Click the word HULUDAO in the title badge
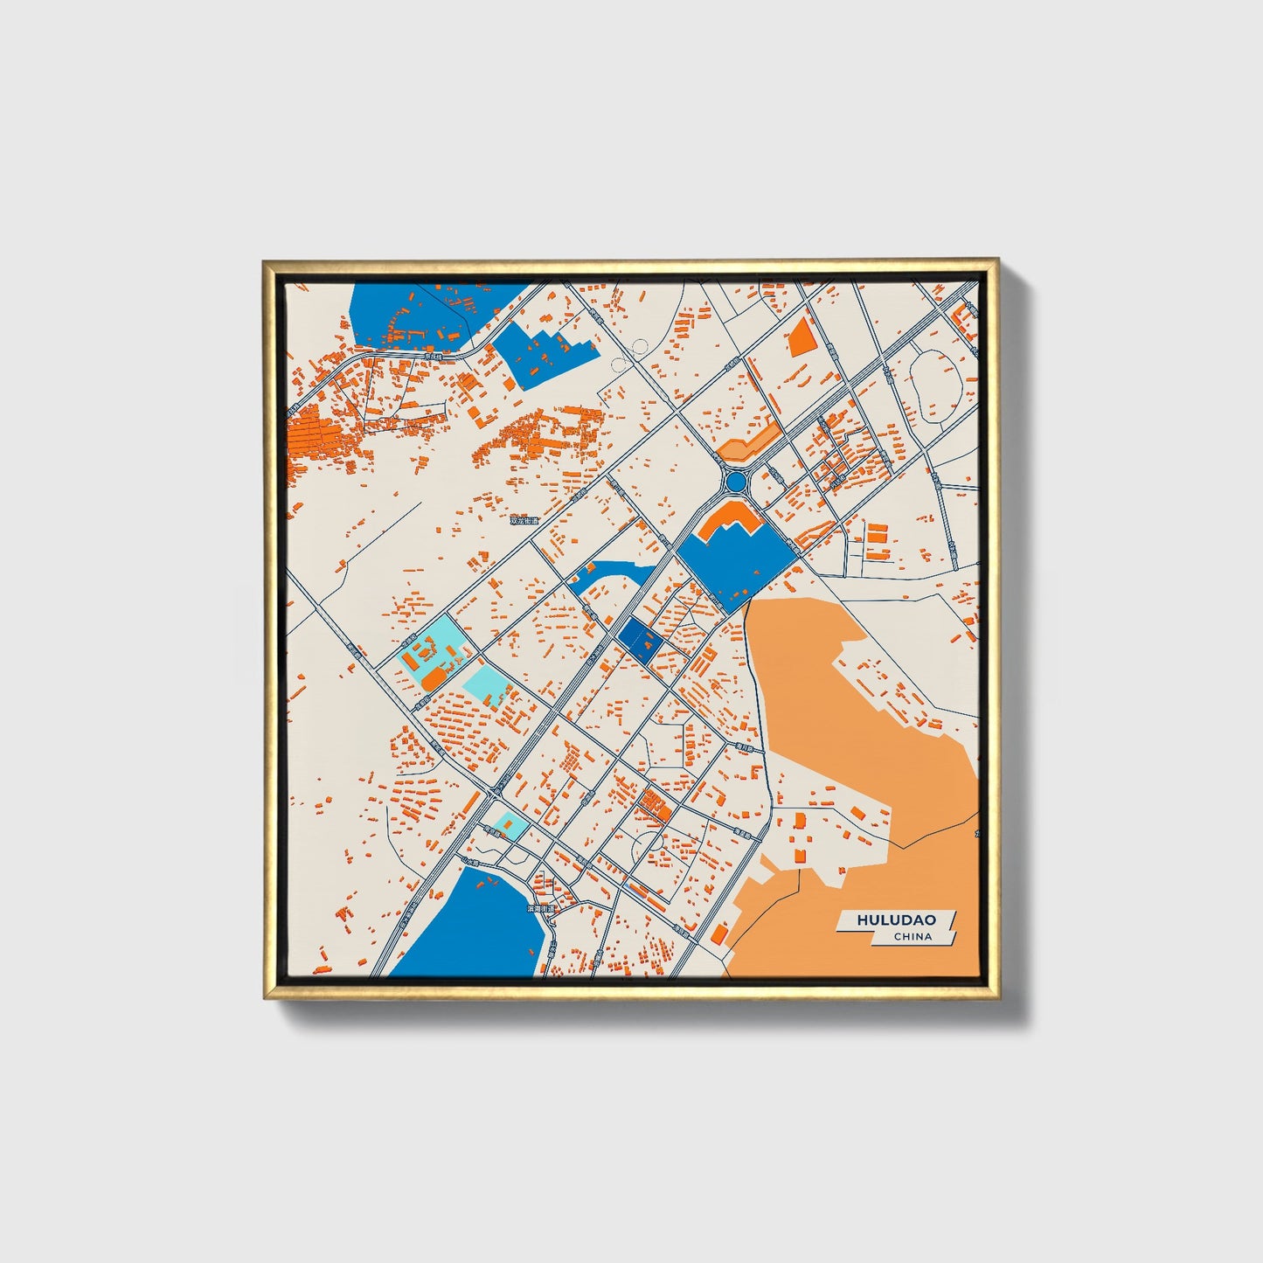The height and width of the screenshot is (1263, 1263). click(896, 919)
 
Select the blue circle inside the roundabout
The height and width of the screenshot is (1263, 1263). click(735, 482)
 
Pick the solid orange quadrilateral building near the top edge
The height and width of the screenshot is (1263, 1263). click(801, 336)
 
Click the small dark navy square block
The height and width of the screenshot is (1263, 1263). click(638, 639)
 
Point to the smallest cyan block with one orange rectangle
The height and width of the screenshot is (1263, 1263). click(506, 824)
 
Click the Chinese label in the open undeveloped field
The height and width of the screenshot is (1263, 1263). click(524, 521)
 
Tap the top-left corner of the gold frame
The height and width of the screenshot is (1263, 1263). click(266, 263)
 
